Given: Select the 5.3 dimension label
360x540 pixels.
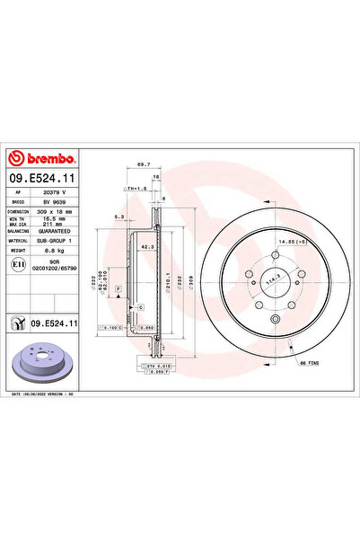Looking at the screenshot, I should point(119,217).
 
